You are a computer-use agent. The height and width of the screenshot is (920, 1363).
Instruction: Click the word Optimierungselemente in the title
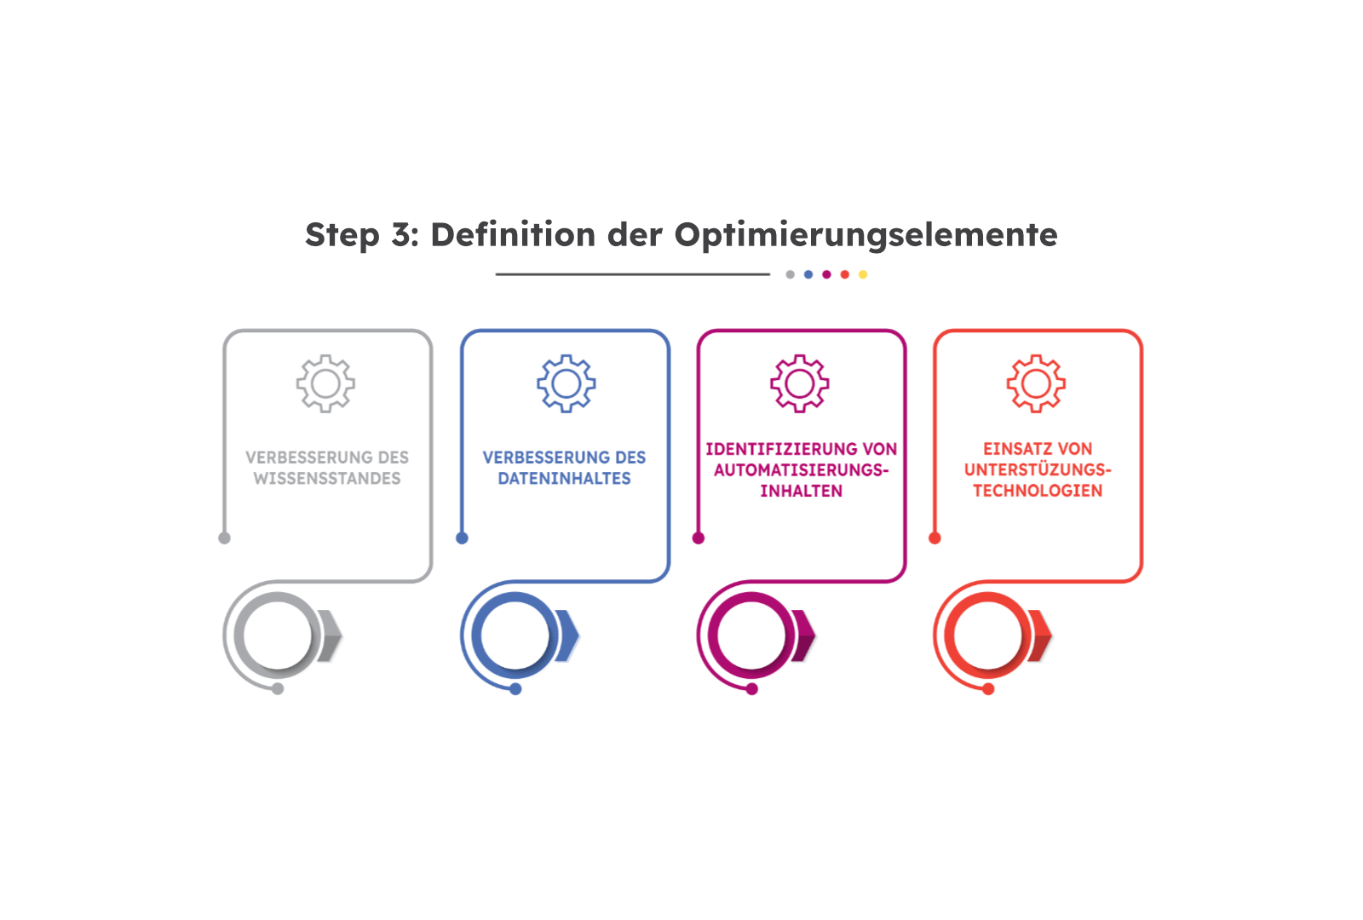coord(866,235)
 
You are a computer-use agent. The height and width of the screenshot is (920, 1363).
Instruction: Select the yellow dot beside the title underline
coord(863,274)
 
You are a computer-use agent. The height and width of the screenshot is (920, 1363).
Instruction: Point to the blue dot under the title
coord(808,274)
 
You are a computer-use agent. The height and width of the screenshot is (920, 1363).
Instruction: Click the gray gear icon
coord(325,383)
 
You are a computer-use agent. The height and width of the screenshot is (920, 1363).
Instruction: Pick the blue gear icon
coord(566,383)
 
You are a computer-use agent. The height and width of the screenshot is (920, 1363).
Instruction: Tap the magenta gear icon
coord(800,383)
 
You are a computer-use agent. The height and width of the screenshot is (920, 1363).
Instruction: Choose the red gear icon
coord(1036,383)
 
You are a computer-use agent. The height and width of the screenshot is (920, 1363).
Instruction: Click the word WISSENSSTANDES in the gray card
coord(327,478)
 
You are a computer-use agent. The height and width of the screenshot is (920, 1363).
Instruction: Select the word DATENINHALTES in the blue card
coord(564,478)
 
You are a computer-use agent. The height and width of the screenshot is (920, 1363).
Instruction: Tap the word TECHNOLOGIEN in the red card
coord(1038,491)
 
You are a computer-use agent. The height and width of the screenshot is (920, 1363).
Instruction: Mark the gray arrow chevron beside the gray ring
coord(331,635)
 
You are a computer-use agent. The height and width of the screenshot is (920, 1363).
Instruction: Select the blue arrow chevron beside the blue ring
coord(567,635)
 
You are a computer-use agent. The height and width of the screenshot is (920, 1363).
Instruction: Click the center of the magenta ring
coord(751,635)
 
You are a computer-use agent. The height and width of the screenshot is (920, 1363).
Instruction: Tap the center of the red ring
coord(987,635)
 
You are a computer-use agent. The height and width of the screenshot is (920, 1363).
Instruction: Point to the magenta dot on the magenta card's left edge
coord(699,538)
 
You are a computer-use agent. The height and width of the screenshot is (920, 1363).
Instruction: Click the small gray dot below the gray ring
coord(278,689)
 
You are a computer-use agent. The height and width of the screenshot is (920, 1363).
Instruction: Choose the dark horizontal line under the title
coord(633,274)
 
